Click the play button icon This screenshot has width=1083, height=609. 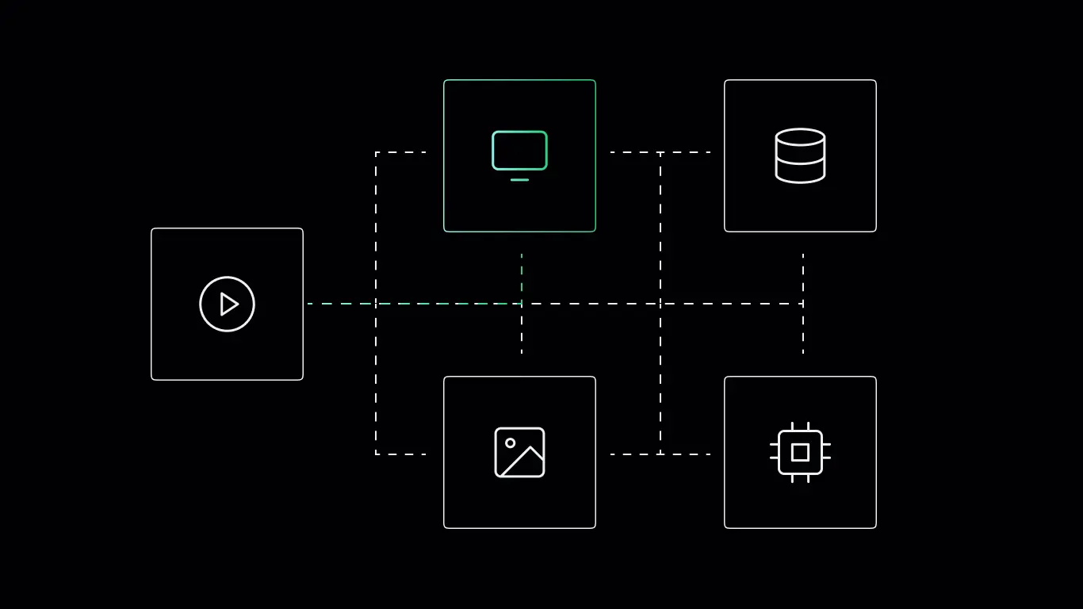point(227,304)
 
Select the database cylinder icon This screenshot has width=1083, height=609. point(800,155)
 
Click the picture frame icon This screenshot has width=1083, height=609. point(519,452)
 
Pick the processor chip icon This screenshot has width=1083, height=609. point(800,452)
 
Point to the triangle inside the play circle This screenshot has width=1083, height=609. point(229,304)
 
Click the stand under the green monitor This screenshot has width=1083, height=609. point(519,180)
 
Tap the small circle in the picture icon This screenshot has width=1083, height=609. point(510,442)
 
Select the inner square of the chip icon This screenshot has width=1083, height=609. point(800,452)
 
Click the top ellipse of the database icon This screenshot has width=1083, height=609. point(800,137)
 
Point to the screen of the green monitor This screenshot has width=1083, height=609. point(519,151)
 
